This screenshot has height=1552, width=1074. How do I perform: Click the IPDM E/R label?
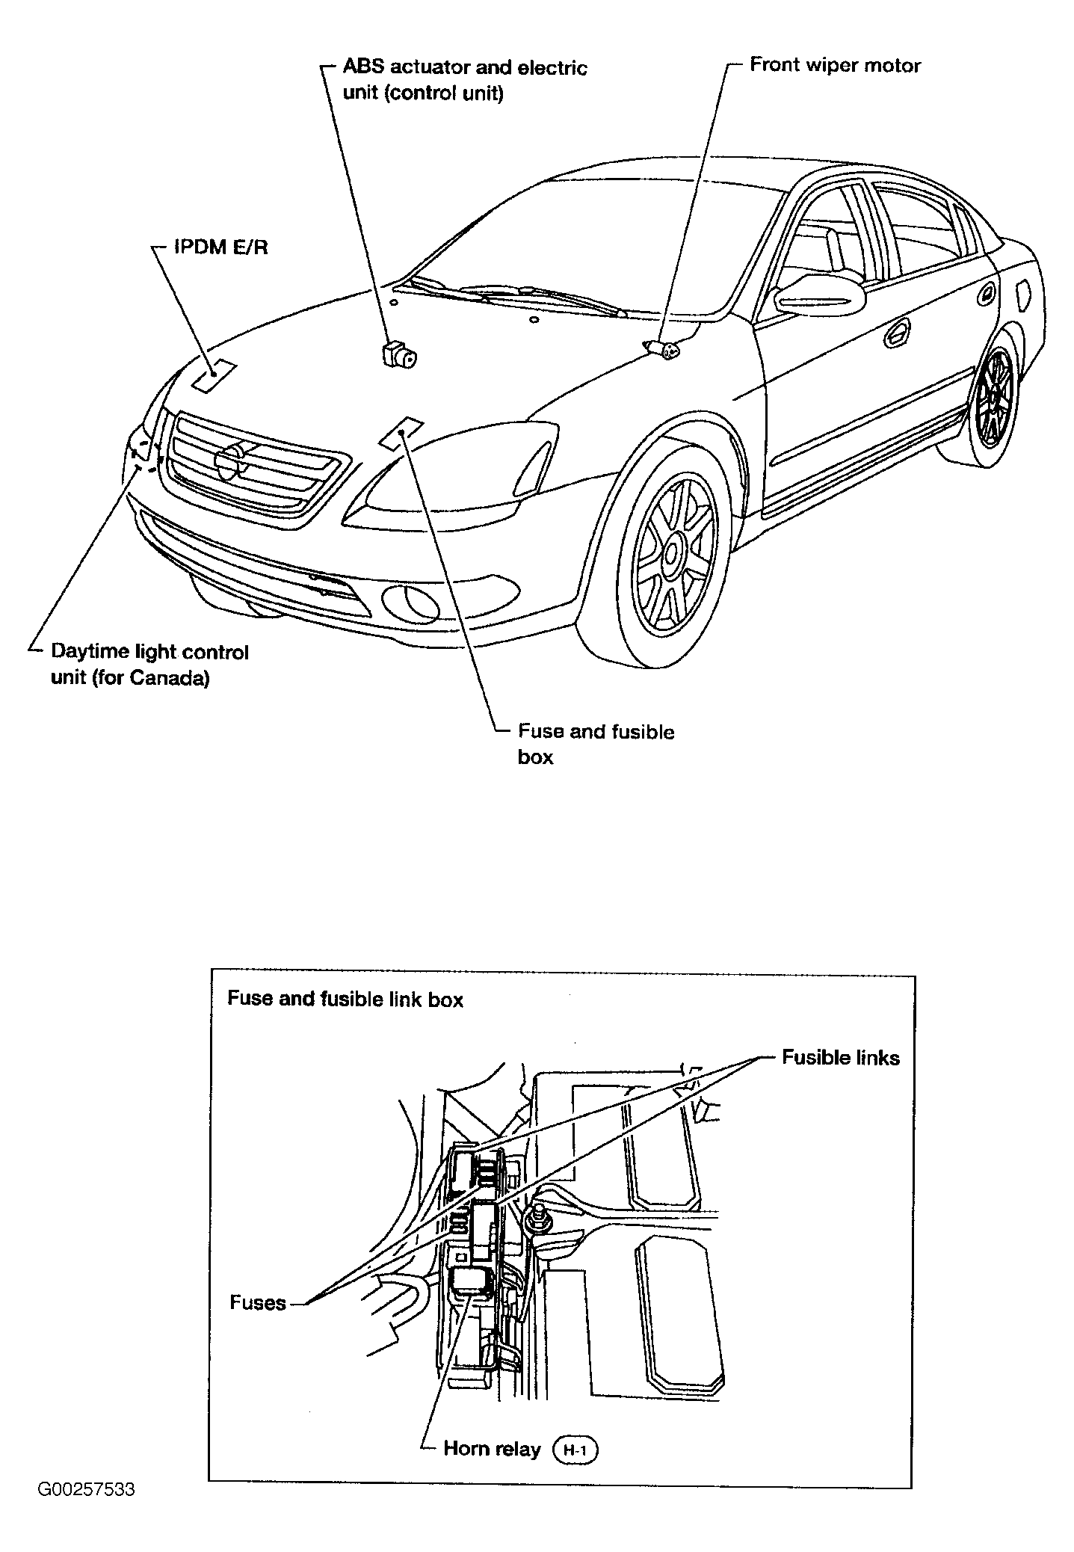pyautogui.click(x=220, y=247)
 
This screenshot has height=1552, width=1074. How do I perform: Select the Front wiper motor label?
pyautogui.click(x=835, y=65)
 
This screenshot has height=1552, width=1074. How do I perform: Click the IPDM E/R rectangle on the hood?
pyautogui.click(x=214, y=375)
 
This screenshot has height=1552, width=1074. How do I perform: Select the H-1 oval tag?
pyautogui.click(x=575, y=1450)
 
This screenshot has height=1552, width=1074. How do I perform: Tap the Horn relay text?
pyautogui.click(x=492, y=1449)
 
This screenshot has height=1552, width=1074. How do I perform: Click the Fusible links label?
pyautogui.click(x=840, y=1057)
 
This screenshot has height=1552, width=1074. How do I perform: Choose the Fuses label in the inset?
pyautogui.click(x=258, y=1302)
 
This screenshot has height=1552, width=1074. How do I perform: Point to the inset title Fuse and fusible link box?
pyautogui.click(x=345, y=1000)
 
